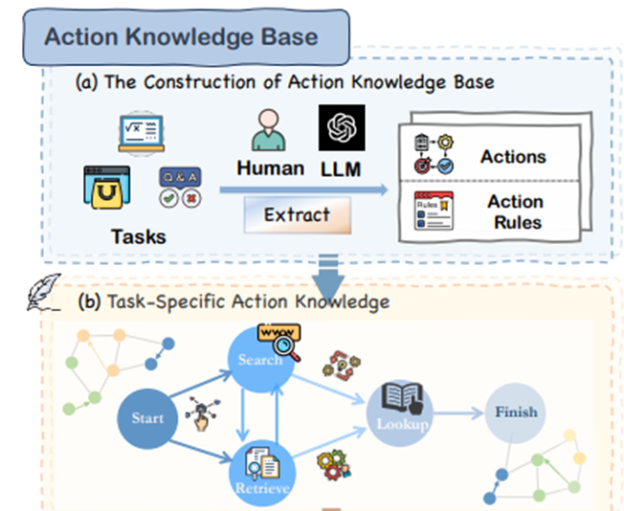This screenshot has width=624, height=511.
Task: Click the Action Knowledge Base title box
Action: point(187,37)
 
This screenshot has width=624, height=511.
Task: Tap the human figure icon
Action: point(268,130)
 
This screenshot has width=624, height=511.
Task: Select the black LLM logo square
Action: point(342,128)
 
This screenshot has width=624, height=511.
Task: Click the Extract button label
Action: point(298,215)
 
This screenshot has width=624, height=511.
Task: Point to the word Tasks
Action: point(139,236)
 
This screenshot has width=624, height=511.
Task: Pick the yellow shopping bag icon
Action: point(106,188)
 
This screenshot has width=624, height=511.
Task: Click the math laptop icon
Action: point(142,133)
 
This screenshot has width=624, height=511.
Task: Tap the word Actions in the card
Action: point(513,157)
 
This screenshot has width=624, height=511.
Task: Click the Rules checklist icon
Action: point(434,211)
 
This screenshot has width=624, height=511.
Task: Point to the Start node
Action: point(147,419)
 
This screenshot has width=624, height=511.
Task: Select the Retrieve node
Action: point(262,474)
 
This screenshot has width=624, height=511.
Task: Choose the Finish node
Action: point(515,412)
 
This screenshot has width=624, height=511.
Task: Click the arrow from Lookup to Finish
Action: point(458,413)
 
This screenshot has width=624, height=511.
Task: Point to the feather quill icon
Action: point(43,292)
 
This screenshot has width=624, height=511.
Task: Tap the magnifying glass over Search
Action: point(286,347)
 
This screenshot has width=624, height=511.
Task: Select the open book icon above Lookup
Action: point(402,398)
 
